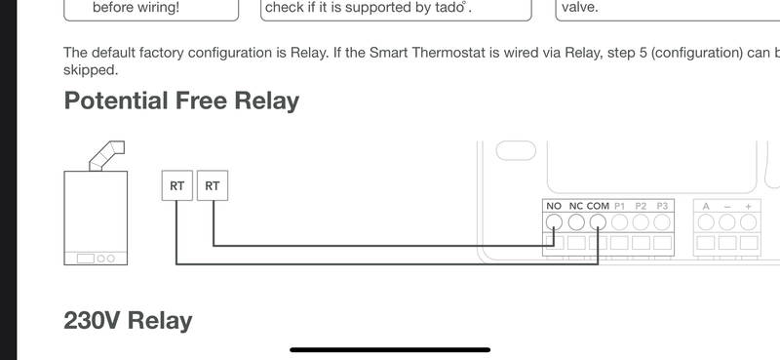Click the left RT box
(176, 184)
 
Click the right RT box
(213, 184)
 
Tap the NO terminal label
(554, 206)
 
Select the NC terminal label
(576, 206)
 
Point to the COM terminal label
(598, 206)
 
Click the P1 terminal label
(620, 206)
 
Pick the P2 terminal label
(641, 206)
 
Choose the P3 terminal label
(662, 206)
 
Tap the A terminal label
(706, 206)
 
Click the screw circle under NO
(554, 221)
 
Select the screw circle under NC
(576, 221)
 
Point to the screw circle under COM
(598, 221)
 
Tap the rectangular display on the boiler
(86, 259)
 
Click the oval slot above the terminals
(516, 151)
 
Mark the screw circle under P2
(641, 221)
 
